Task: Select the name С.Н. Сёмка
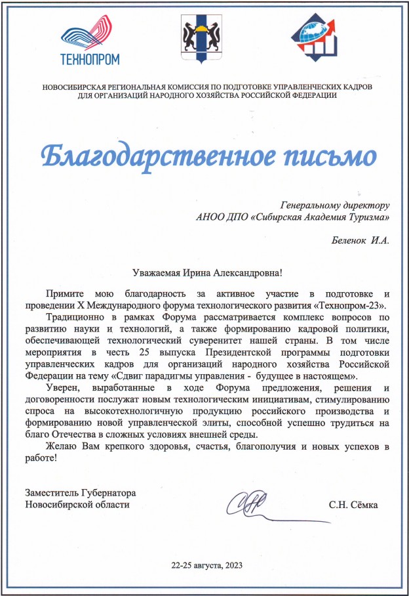354,504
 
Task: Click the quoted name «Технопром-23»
355,305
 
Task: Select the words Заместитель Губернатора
76,492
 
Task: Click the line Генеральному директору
335,205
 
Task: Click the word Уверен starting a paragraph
64,388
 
